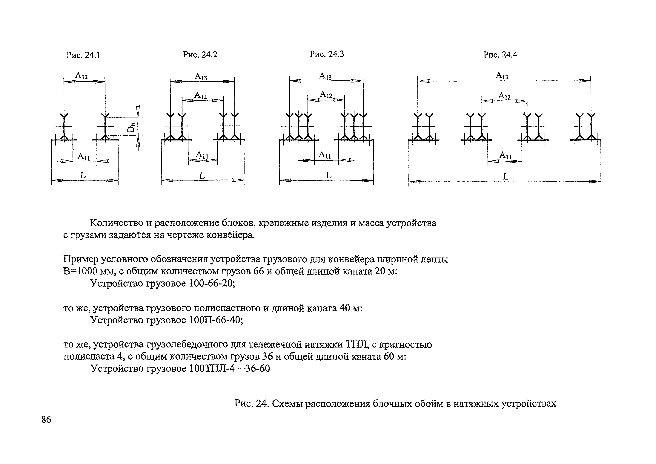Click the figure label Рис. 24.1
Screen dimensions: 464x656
click(x=83, y=55)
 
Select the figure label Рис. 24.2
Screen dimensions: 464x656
click(x=200, y=54)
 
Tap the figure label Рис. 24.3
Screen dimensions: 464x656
click(x=327, y=54)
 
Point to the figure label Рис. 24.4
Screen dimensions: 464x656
click(x=500, y=55)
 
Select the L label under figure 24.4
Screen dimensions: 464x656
click(x=506, y=177)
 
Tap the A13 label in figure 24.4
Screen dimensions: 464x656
click(x=502, y=76)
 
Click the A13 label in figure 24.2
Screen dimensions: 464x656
click(x=201, y=77)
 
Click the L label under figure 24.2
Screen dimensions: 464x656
click(x=202, y=176)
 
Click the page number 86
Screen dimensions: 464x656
click(x=46, y=420)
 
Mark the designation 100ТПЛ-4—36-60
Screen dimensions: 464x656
click(x=229, y=368)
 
